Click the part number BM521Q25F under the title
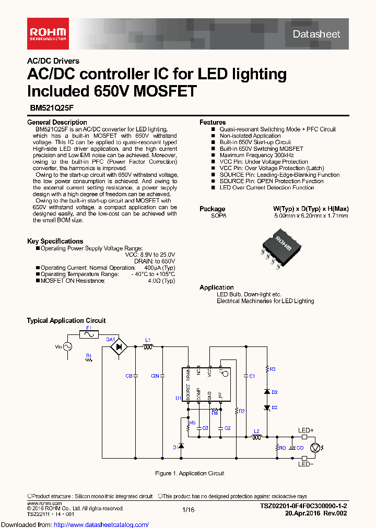[x=48, y=110]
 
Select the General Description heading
[x=57, y=122]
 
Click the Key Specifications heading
[x=55, y=241]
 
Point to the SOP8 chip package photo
[x=280, y=244]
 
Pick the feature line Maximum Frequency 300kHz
[x=256, y=155]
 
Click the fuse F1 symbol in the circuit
[x=89, y=334]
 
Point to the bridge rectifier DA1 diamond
[x=121, y=346]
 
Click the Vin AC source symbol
[x=67, y=346]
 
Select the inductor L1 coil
[x=148, y=346]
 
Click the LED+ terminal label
[x=305, y=430]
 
